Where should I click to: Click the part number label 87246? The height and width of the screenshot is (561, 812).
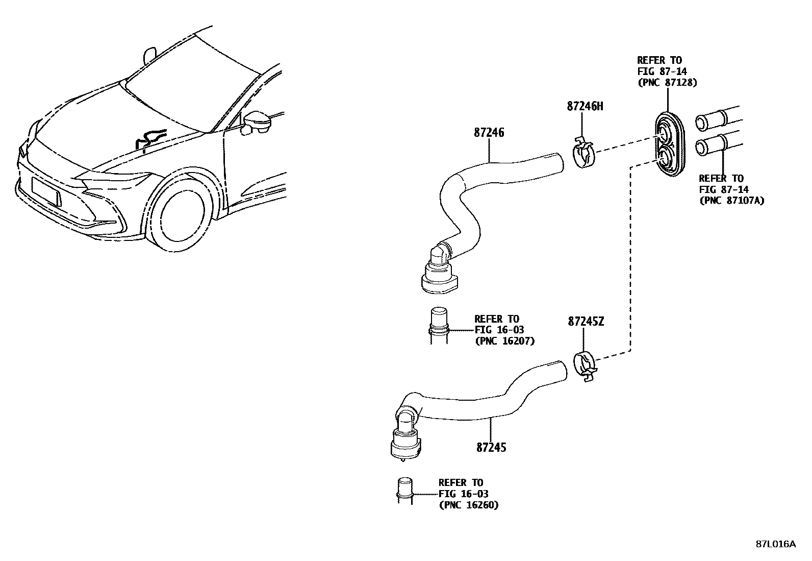click(489, 132)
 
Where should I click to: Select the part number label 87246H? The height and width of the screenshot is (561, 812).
click(585, 107)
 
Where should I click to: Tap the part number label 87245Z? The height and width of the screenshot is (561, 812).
click(586, 322)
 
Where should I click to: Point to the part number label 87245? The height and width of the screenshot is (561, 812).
click(491, 447)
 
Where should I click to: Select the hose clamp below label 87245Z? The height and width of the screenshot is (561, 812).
click(585, 367)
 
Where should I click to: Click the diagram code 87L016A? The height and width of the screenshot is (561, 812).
click(775, 544)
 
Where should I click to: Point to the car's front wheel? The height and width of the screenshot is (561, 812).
click(182, 212)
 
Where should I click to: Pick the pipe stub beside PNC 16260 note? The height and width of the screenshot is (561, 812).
click(404, 490)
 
